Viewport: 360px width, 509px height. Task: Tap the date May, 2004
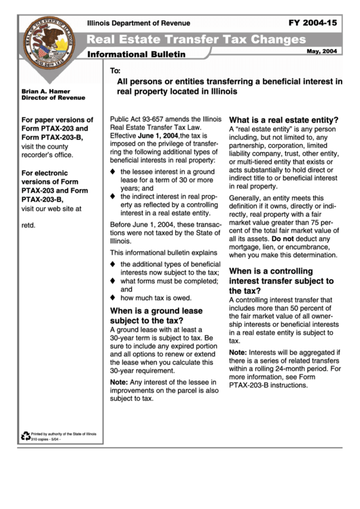[x=321, y=52]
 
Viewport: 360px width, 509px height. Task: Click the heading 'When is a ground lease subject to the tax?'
[x=156, y=316]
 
